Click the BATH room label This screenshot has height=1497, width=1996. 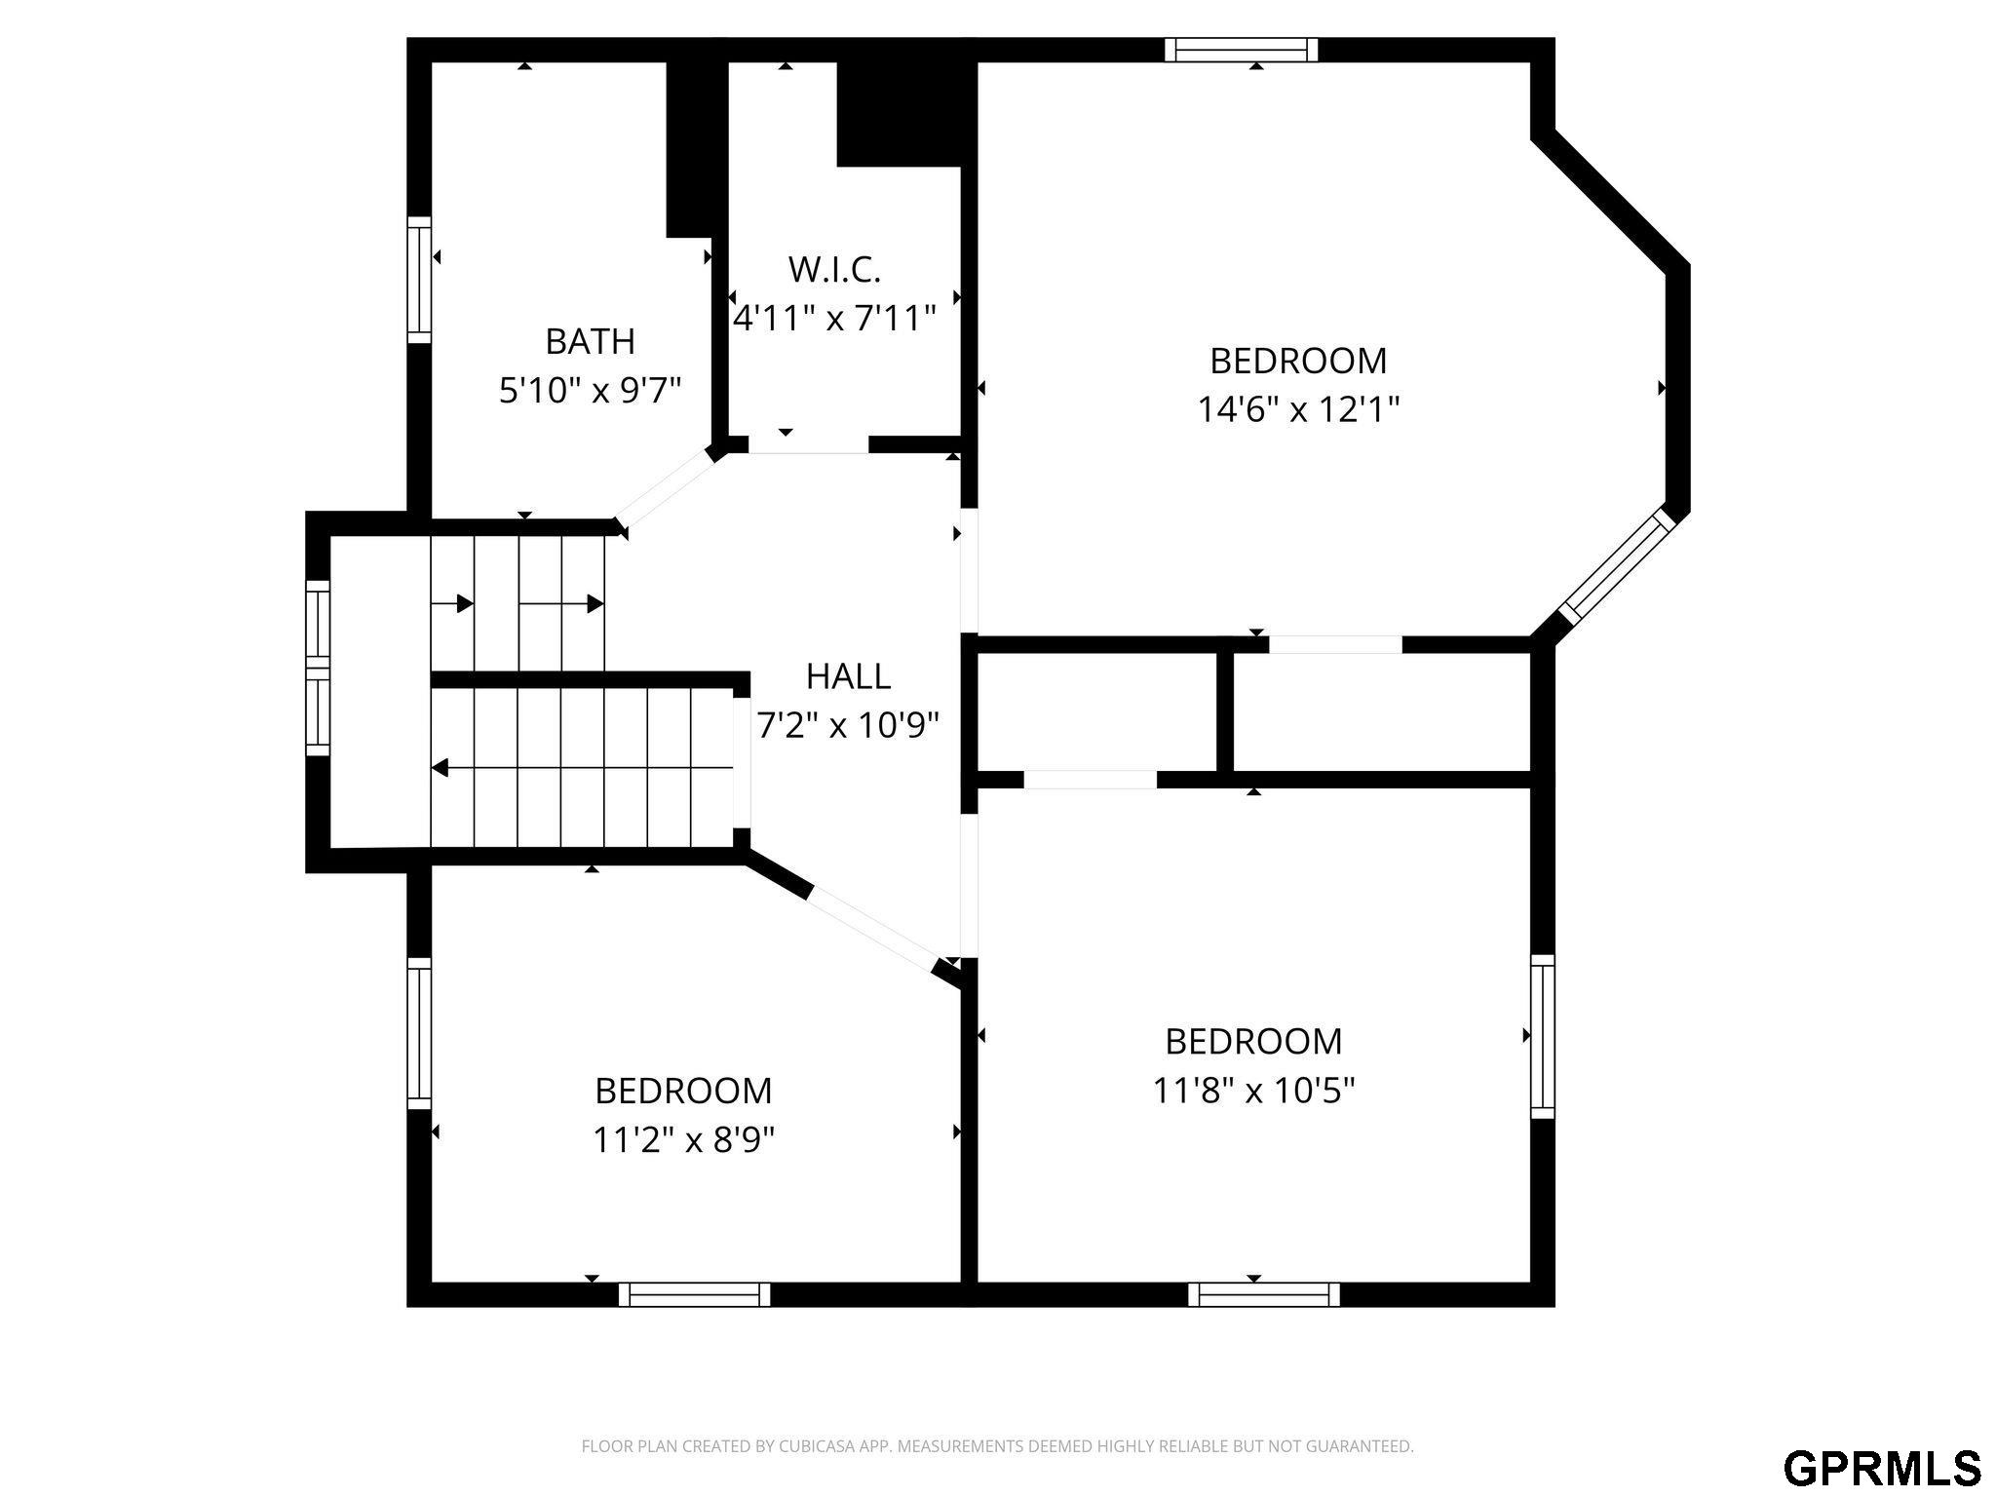coord(590,341)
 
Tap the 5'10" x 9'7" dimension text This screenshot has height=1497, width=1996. coord(590,391)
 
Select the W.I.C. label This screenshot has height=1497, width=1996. coord(834,269)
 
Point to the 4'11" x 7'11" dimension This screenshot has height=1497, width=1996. coord(834,318)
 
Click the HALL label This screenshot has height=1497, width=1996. coord(848,675)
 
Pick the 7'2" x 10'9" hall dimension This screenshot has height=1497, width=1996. coord(848,724)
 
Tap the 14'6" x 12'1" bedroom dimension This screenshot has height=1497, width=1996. coord(1298,409)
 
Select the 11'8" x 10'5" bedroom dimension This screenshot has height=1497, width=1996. coord(1253,1090)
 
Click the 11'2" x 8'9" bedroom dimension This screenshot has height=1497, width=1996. coord(683,1138)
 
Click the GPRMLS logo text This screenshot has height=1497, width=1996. coord(1882,1467)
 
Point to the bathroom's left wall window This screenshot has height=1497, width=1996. coord(418,280)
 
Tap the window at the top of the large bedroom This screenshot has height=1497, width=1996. coord(1242,50)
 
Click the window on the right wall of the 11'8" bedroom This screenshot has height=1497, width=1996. coord(1542,1036)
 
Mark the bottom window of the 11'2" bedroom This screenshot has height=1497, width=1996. coord(694,1294)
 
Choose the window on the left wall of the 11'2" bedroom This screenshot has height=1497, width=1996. coord(418,1033)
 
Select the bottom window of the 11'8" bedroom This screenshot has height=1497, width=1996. coord(1264,1294)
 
